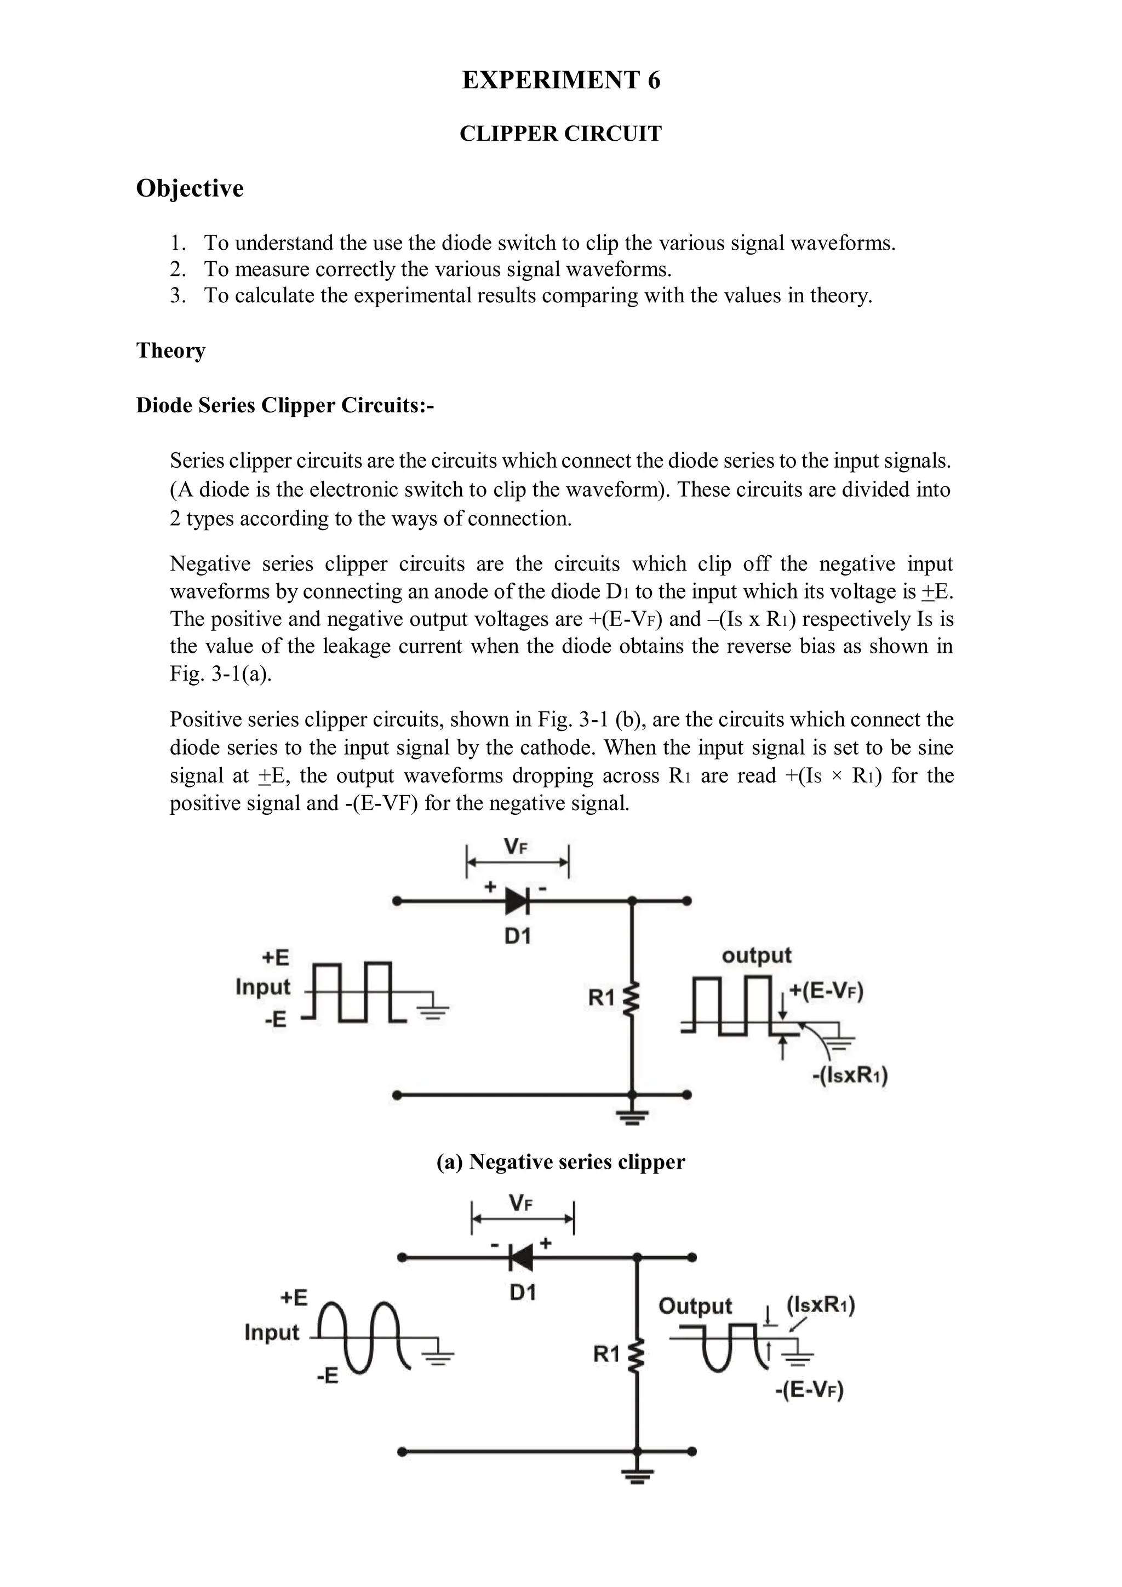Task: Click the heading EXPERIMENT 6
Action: pyautogui.click(x=560, y=81)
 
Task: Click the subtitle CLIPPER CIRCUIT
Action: pyautogui.click(x=560, y=134)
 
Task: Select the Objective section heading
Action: pyautogui.click(x=190, y=188)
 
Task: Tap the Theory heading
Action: pyautogui.click(x=171, y=350)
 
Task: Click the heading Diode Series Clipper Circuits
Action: pyautogui.click(x=285, y=405)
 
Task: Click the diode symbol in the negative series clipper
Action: pyautogui.click(x=517, y=901)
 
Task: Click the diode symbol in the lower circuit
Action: pyautogui.click(x=520, y=1257)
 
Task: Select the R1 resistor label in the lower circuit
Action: pyautogui.click(x=606, y=1355)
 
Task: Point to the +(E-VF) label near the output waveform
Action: pyautogui.click(x=826, y=991)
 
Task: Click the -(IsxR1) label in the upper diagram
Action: pyautogui.click(x=850, y=1076)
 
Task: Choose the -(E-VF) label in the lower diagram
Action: pyautogui.click(x=809, y=1390)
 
